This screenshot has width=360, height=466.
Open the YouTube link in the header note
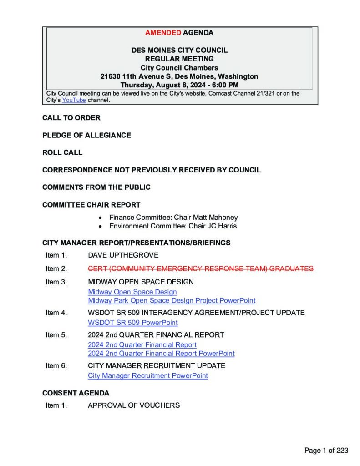click(74, 100)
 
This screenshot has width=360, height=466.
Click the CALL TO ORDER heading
click(71, 118)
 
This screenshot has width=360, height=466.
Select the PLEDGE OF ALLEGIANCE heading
click(86, 135)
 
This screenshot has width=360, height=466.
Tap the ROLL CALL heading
click(62, 152)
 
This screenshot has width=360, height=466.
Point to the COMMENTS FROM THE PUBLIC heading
click(96, 187)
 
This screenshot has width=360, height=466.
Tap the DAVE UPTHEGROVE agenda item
click(123, 255)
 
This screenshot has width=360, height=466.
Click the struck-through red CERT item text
click(200, 269)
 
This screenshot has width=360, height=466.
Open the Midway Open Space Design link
click(132, 292)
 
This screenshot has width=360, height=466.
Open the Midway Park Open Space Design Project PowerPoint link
click(171, 300)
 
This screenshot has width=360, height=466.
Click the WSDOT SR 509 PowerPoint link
click(132, 323)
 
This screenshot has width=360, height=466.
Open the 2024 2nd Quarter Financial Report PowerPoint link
click(161, 353)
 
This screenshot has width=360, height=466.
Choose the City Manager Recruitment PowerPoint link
click(147, 375)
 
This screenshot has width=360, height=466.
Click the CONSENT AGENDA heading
click(76, 393)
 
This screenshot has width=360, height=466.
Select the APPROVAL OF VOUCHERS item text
click(133, 405)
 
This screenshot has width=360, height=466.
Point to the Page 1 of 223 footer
click(326, 451)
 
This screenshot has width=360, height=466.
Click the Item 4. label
click(56, 313)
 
